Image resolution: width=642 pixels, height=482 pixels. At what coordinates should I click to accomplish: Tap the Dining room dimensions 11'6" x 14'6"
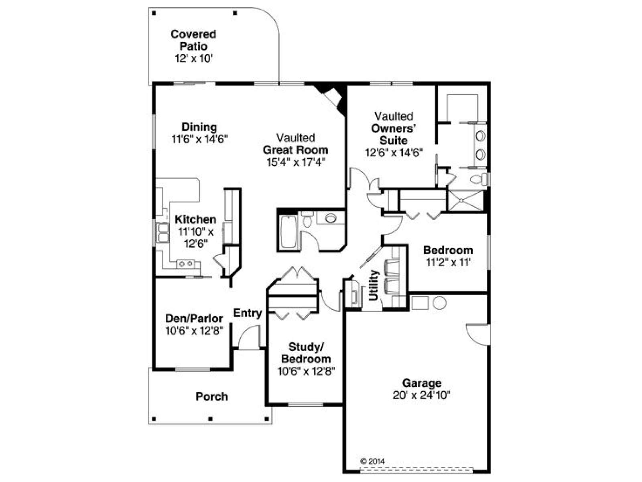[199, 139]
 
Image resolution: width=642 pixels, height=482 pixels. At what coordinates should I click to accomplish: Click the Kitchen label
[195, 219]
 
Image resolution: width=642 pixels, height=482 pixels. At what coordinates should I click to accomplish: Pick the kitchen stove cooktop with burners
[186, 263]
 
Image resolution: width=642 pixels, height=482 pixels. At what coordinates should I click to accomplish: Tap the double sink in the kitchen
[163, 233]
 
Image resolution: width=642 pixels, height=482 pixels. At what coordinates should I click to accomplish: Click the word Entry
[248, 313]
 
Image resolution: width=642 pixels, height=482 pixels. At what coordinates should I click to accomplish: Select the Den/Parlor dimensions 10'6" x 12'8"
[194, 331]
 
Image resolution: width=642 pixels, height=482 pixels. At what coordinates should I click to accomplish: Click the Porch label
[212, 396]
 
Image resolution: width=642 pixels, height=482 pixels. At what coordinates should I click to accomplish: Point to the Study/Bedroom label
[306, 353]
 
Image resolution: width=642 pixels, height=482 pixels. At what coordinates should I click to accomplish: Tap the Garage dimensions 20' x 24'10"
[421, 395]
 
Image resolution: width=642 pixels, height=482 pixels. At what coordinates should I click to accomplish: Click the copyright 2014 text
[373, 461]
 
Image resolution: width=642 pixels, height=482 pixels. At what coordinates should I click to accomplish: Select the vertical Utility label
[374, 285]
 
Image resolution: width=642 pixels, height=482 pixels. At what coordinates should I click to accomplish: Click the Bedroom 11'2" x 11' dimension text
[448, 263]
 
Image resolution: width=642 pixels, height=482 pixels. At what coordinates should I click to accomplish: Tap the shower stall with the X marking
[465, 201]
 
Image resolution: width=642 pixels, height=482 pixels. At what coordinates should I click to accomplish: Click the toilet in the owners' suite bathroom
[479, 179]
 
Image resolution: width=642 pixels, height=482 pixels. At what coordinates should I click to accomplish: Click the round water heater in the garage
[439, 303]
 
